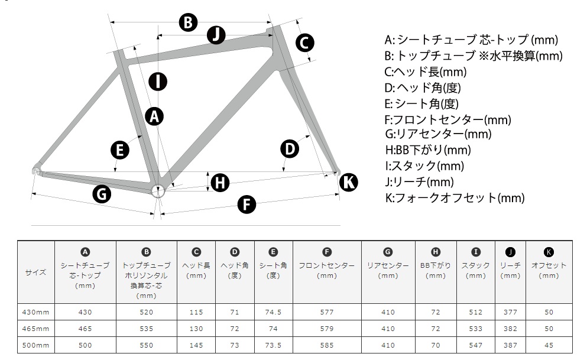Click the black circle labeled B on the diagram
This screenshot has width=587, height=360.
(x=188, y=22)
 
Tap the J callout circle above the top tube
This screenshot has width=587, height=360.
(x=216, y=35)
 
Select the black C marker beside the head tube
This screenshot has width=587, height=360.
(x=304, y=43)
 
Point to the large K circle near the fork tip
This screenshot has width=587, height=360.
(x=349, y=182)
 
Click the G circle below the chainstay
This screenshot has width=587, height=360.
(x=102, y=194)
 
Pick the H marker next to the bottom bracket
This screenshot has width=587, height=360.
(x=220, y=183)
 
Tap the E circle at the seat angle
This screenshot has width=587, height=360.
(x=120, y=150)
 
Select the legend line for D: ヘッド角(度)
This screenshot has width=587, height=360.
(x=423, y=88)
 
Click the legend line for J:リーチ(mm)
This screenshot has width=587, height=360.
(x=419, y=182)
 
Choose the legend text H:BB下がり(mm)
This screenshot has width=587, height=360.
(x=428, y=150)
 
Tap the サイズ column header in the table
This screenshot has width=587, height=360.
(x=36, y=272)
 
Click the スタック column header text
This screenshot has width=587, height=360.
(x=475, y=265)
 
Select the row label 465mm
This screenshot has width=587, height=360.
(x=35, y=329)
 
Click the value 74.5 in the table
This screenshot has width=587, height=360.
(x=273, y=312)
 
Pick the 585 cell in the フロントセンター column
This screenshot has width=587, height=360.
(x=327, y=345)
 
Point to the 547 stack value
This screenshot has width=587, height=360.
(x=475, y=345)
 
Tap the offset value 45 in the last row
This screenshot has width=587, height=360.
(x=549, y=345)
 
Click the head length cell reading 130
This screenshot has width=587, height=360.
(x=196, y=329)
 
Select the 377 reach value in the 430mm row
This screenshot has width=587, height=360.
(x=510, y=312)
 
